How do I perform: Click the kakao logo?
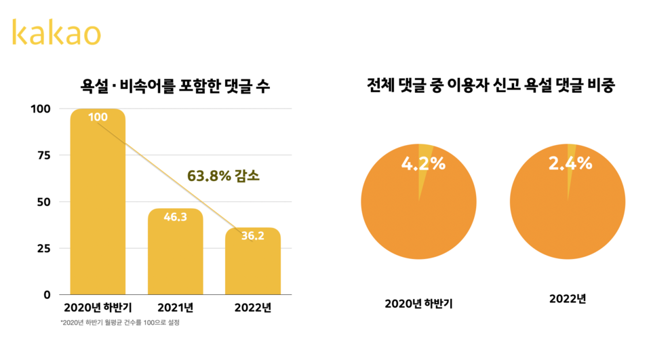pos(56,33)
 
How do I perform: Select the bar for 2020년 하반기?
pos(98,203)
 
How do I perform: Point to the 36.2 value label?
pos(253,237)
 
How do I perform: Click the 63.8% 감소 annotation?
pos(224,176)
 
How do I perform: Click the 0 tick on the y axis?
pos(47,295)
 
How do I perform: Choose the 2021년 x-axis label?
pos(176,307)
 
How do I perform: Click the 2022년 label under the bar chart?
pos(253,307)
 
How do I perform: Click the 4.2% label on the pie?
pos(423,163)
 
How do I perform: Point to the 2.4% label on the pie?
pos(570,163)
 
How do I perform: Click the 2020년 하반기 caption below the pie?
pos(418,303)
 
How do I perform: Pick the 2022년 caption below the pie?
pos(568,298)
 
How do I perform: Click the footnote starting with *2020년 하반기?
pos(119,323)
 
